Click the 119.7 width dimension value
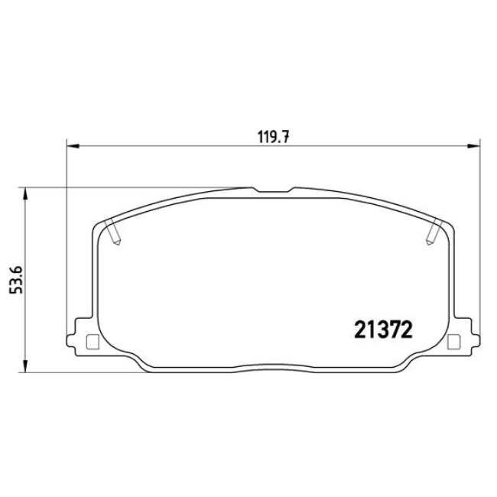[x=274, y=137]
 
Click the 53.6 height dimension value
[x=16, y=280]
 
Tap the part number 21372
[x=383, y=330]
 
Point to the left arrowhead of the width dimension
[x=73, y=146]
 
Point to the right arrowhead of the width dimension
[x=474, y=146]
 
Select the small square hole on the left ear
[x=93, y=343]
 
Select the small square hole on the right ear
[x=453, y=343]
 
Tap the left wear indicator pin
[x=113, y=232]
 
